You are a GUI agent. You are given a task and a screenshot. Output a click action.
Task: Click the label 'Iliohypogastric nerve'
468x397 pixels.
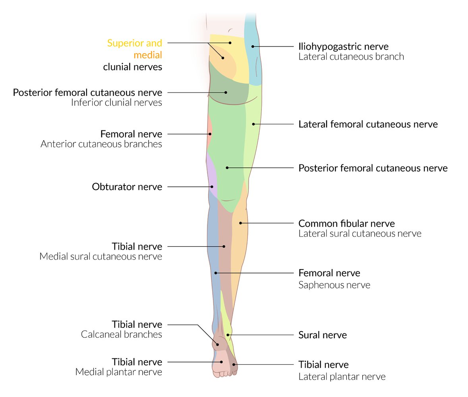point(343,47)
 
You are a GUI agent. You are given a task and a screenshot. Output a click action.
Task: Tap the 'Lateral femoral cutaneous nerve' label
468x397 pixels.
point(368,124)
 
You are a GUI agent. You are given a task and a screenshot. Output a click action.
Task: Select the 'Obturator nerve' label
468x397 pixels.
point(127,187)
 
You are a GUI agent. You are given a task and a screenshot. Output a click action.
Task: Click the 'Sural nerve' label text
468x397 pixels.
point(322,335)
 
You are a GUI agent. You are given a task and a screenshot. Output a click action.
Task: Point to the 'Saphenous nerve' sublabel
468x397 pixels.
point(334,285)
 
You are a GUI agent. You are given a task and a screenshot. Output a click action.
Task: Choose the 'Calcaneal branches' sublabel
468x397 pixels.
point(121,335)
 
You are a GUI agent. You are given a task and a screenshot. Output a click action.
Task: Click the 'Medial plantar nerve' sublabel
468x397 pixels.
point(118,372)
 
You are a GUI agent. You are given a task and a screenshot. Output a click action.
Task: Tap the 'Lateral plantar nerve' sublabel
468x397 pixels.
point(342,376)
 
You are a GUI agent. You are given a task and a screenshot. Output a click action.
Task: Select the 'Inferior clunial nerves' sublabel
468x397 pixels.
point(116,103)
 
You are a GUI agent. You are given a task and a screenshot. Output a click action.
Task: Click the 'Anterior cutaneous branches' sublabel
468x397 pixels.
point(101,144)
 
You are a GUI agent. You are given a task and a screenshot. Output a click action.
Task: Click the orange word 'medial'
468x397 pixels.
point(148,54)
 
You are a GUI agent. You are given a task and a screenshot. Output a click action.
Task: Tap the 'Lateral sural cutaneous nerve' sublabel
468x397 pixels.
point(360,233)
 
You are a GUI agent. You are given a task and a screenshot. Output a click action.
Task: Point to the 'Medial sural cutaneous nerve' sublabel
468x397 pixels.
point(101,256)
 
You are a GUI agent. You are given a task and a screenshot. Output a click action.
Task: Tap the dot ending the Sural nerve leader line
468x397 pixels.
point(228,335)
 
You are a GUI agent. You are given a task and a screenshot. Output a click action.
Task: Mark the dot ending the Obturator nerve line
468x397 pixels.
point(212,187)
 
